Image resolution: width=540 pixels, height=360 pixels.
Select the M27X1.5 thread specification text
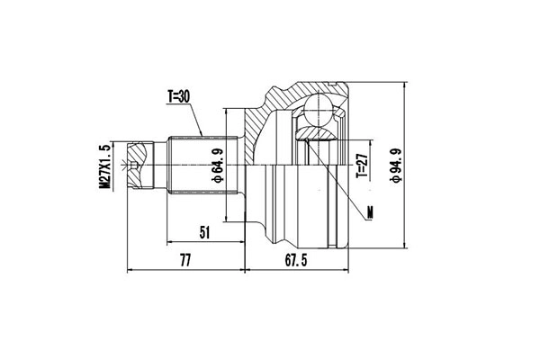click(x=105, y=166)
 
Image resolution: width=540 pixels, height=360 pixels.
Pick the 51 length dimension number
click(x=204, y=232)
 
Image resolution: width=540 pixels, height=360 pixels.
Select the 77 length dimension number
click(x=186, y=260)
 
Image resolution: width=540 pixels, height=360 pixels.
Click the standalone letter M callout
click(x=373, y=213)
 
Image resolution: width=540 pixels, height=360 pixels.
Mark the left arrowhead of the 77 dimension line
click(x=131, y=269)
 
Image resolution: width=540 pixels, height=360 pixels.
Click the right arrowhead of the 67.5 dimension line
click(x=348, y=269)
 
